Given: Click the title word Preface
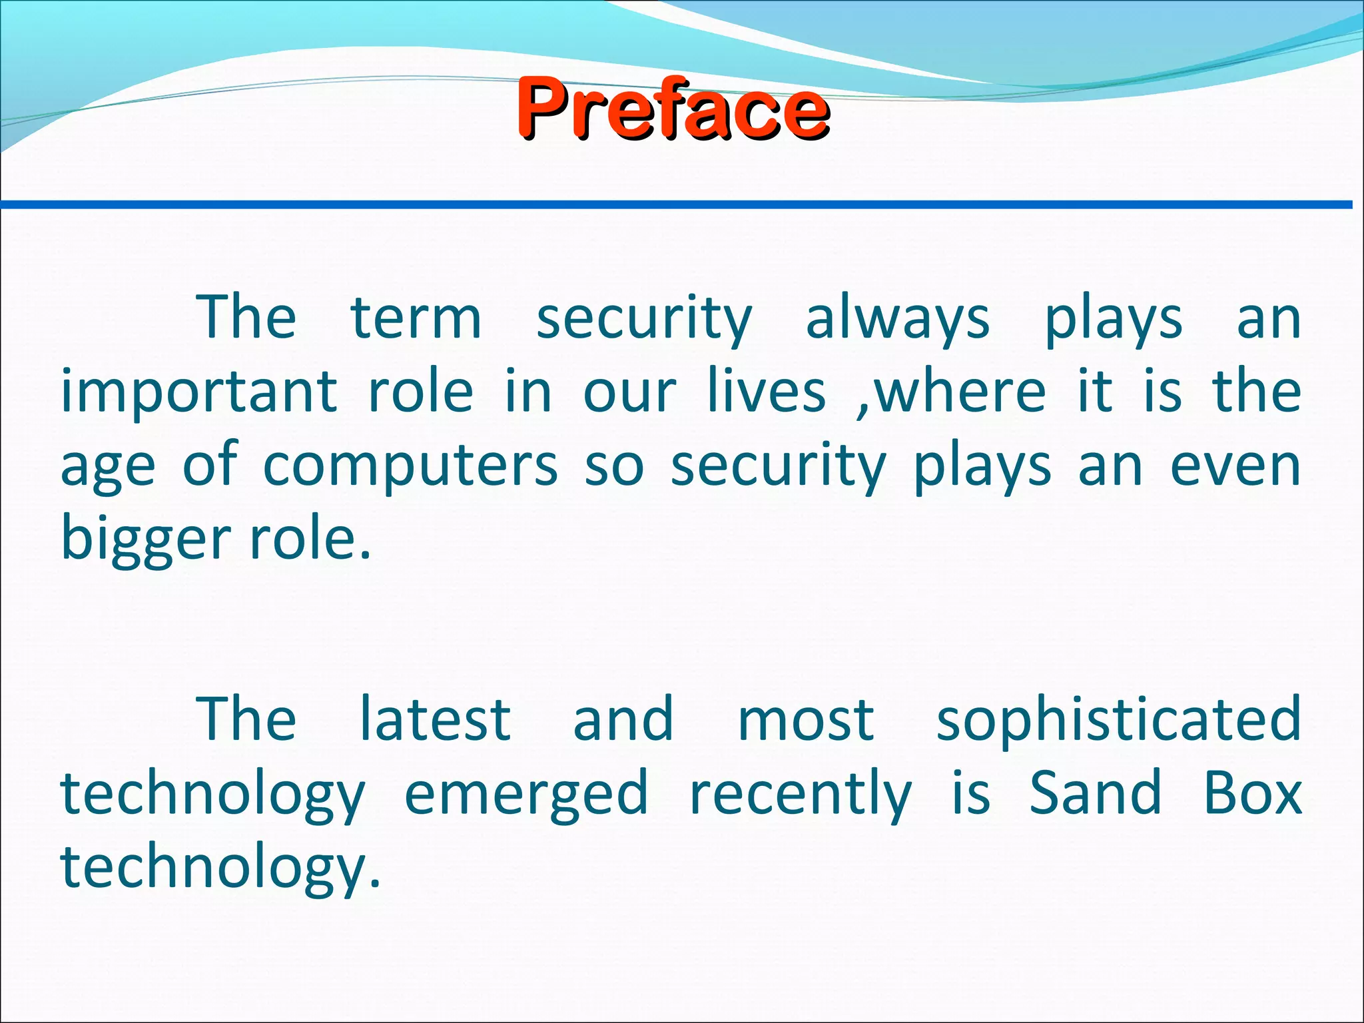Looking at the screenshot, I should [673, 108].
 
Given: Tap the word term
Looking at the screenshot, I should [416, 318].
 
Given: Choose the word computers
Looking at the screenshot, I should [410, 466].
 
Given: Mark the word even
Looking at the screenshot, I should [1235, 466].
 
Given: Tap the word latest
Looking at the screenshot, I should [435, 719].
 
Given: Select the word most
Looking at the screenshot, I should [805, 719].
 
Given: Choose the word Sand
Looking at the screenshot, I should [1096, 793].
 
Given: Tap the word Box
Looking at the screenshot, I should [1252, 793].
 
